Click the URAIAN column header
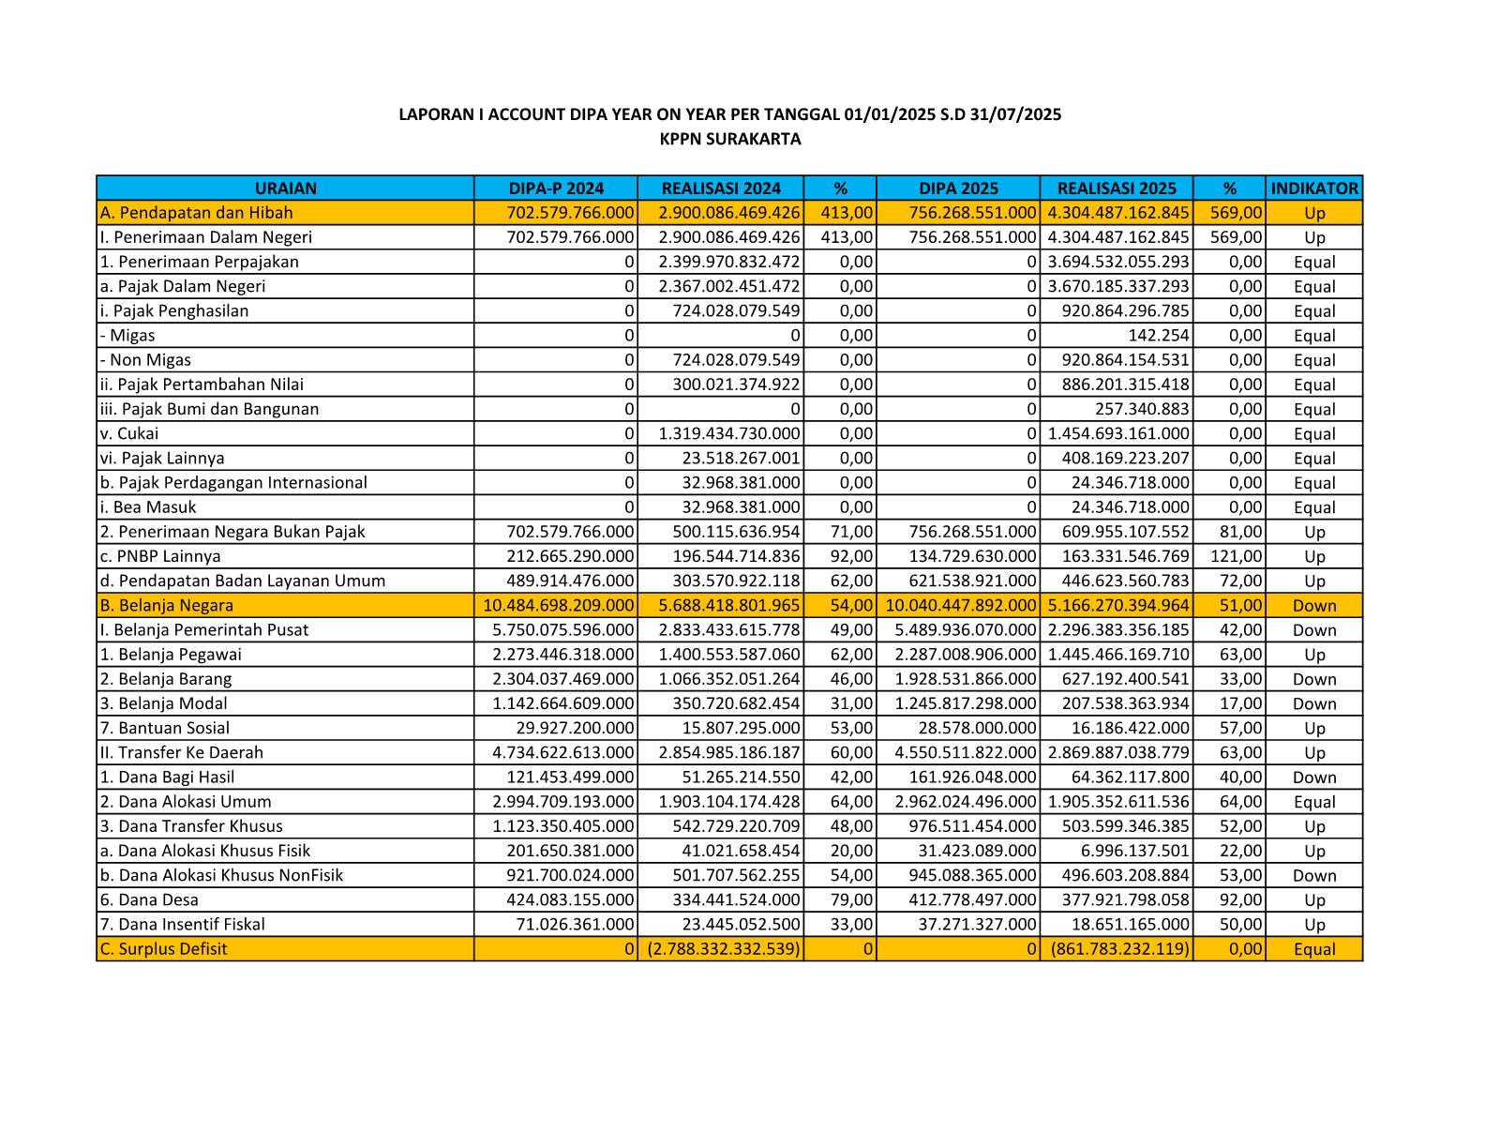tap(286, 189)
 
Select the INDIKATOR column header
tap(1314, 189)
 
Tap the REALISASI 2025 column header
tap(1117, 189)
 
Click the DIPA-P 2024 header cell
tap(556, 189)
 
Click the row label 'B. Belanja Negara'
tap(167, 606)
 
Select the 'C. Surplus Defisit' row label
tap(164, 949)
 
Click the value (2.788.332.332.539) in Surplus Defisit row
tap(724, 949)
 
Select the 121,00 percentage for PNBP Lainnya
tap(1237, 557)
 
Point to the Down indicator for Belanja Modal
tap(1314, 704)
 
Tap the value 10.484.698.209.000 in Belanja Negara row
tap(559, 606)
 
